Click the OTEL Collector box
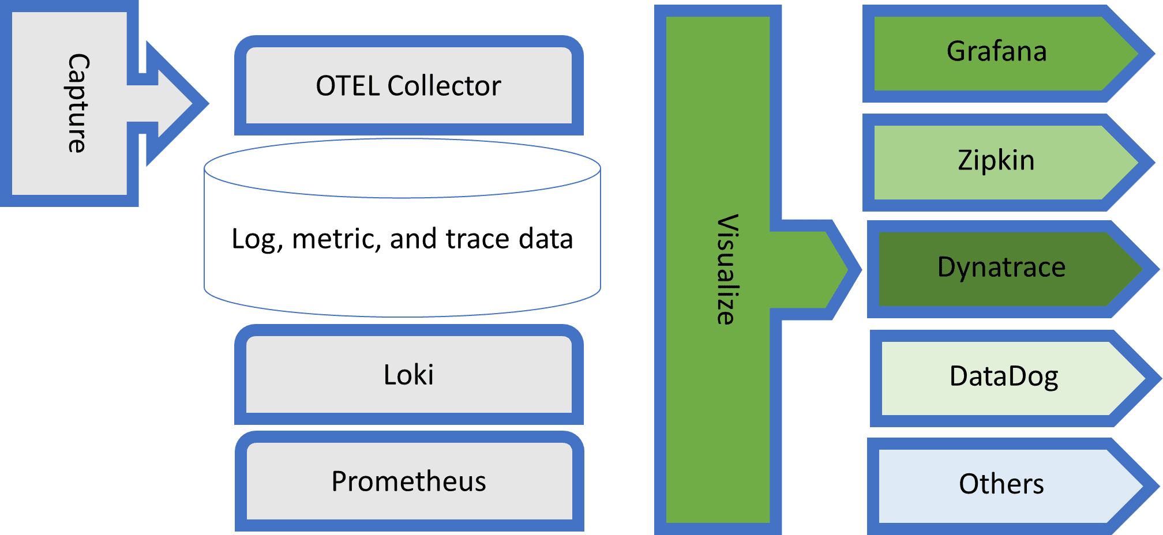[x=408, y=85]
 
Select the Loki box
[x=408, y=375]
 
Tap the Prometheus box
[x=408, y=481]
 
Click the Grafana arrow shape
[x=997, y=52]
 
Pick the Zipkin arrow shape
[x=997, y=161]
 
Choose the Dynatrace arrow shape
[x=1001, y=268]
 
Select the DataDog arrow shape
[x=1004, y=377]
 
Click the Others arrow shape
[x=1001, y=484]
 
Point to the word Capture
[x=77, y=103]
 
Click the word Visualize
[x=726, y=269]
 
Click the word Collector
[x=444, y=86]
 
